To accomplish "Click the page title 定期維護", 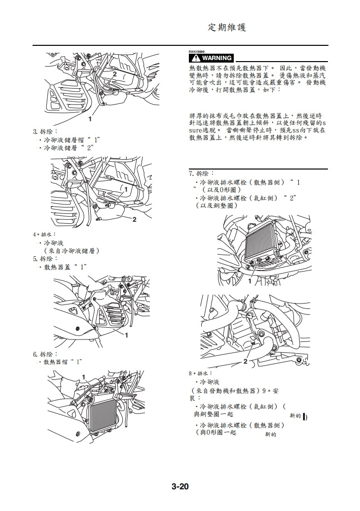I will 227,28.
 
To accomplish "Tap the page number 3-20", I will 180,487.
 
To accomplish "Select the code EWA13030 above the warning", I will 197,51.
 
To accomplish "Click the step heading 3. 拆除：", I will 45,132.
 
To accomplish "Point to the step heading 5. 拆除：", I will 45,259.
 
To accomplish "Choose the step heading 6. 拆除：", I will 45,354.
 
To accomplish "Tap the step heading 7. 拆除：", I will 201,173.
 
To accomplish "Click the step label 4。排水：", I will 45,235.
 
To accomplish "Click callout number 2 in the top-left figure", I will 114,73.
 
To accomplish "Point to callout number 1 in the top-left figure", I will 90,119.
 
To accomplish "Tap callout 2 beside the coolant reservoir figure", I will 134,219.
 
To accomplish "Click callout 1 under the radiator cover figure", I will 126,335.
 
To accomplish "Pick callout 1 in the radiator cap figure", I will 84,377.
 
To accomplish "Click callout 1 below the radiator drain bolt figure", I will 250,281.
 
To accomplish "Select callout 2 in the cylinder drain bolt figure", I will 245,361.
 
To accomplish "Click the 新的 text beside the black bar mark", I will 296,416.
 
